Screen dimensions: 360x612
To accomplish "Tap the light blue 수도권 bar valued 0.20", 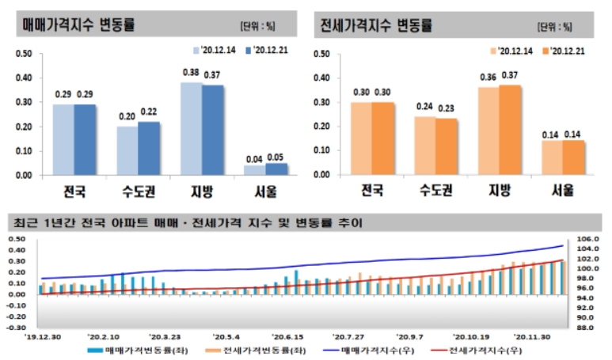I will (127, 150).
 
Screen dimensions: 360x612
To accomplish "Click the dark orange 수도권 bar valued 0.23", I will (446, 146).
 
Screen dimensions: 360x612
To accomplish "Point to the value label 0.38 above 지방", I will (191, 73).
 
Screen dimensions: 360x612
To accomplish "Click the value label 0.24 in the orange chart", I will (425, 107).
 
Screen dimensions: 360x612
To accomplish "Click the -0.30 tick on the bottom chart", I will (16, 326).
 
